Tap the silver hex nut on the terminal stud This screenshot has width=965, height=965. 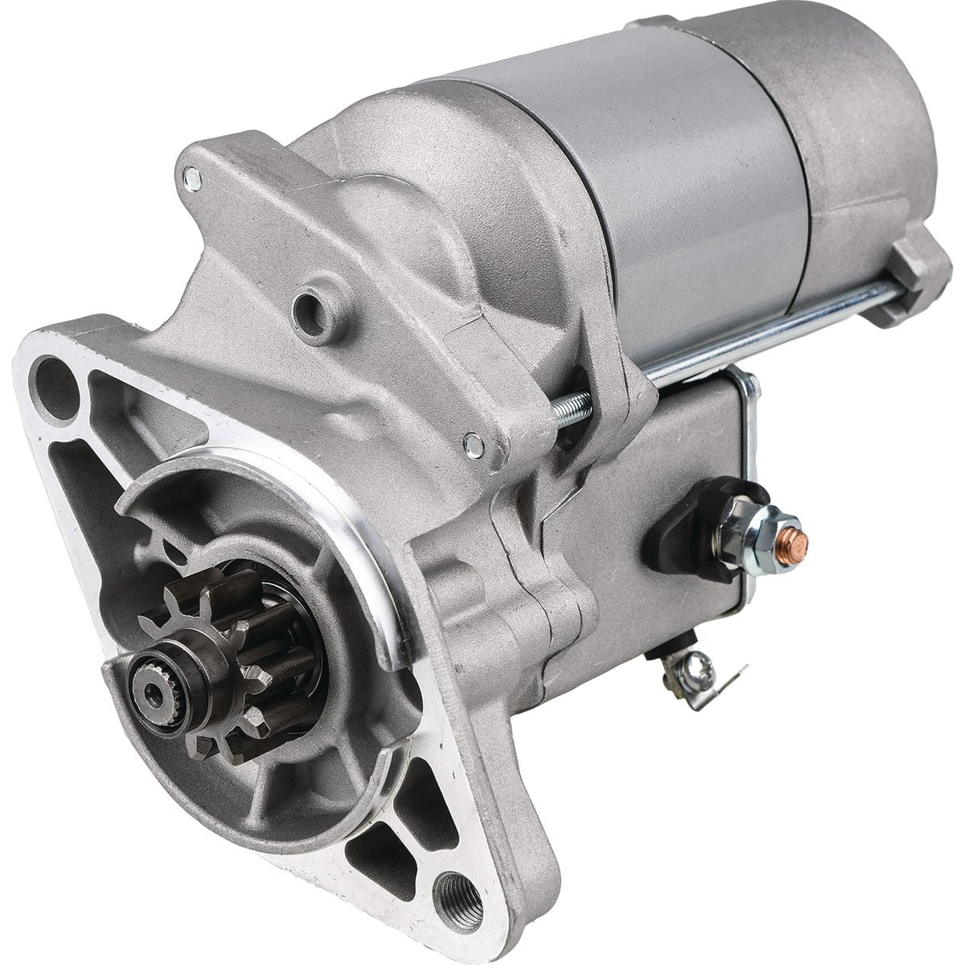[x=744, y=513]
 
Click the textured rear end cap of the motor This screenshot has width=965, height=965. [x=868, y=121]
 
